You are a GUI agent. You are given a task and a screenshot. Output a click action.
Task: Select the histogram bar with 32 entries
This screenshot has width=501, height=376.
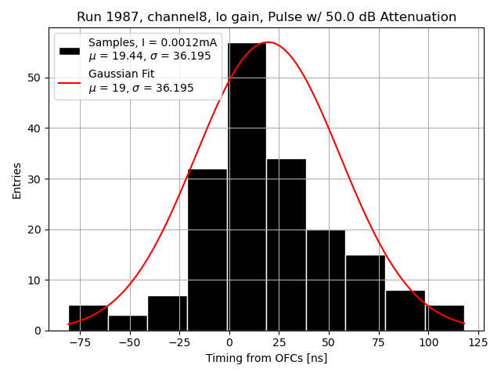tap(207, 250)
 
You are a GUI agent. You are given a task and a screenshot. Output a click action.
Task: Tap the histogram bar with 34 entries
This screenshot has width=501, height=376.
tap(286, 244)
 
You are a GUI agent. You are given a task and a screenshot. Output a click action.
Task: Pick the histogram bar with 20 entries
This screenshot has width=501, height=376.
tap(326, 280)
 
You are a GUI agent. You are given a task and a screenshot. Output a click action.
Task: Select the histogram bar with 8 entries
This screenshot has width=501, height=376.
tap(405, 310)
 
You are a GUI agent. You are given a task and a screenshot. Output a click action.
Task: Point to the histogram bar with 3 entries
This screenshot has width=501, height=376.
tap(128, 323)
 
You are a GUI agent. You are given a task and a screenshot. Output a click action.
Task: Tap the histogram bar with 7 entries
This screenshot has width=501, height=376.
tap(168, 313)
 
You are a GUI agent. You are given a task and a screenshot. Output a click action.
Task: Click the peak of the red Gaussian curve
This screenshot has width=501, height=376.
tap(267, 42)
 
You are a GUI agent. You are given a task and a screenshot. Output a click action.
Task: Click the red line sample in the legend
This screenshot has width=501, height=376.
tap(69, 81)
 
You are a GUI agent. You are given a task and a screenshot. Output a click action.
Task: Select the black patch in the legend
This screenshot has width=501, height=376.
tap(69, 50)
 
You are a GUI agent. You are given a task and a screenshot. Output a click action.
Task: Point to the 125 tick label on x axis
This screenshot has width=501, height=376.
tap(478, 342)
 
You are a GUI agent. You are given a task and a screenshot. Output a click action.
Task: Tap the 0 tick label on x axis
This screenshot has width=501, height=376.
tap(229, 342)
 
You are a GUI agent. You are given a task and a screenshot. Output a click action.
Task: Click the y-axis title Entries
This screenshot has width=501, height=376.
tap(17, 179)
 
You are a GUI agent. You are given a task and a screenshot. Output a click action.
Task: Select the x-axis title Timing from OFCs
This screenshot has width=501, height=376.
tap(266, 358)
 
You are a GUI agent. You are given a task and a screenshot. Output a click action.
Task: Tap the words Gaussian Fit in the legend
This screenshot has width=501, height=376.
tap(121, 74)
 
